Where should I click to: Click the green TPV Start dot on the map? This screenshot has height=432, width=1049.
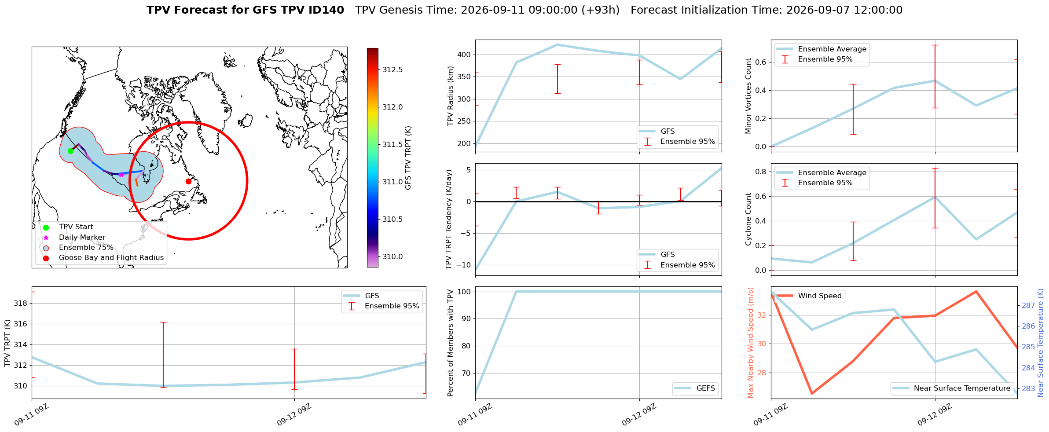[x=70, y=151]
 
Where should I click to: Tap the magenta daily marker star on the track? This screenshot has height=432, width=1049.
[x=121, y=175]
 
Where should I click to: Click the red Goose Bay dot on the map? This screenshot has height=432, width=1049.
[x=188, y=181]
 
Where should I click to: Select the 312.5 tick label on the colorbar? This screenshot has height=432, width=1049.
[x=392, y=70]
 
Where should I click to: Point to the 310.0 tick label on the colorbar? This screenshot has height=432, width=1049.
[x=392, y=256]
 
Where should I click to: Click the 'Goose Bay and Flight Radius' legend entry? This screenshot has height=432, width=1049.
[x=103, y=258]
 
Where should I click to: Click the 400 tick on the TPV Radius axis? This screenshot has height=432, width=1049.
[x=465, y=55]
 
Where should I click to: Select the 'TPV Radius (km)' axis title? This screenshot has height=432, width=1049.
[x=450, y=96]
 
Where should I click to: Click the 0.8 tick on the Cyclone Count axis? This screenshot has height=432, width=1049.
[x=761, y=172]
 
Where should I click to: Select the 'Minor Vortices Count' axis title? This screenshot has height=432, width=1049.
[x=748, y=96]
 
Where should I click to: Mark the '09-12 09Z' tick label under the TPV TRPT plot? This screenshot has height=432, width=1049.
[x=294, y=415]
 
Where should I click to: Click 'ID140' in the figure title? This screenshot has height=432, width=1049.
[x=327, y=10]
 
